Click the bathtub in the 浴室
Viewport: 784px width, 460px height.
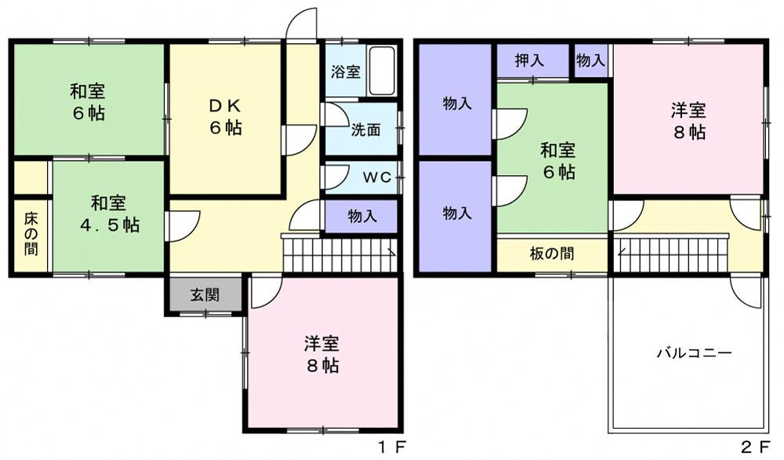(383, 71)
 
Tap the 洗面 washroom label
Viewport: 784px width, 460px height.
(365, 130)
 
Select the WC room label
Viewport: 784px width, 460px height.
(376, 177)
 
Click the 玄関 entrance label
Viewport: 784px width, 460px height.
(205, 295)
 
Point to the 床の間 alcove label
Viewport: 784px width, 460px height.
(31, 234)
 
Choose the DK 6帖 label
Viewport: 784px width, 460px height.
(226, 117)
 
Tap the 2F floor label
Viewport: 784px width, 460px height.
(755, 446)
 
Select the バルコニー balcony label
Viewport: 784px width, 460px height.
(694, 353)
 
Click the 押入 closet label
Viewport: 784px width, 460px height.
(529, 60)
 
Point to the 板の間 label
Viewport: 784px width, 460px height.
(551, 254)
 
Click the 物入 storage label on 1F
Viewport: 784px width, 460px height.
(362, 216)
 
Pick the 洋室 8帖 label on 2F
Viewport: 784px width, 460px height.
(688, 121)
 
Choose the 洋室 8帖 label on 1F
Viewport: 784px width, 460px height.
(322, 355)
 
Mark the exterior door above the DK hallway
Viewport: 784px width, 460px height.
(301, 24)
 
